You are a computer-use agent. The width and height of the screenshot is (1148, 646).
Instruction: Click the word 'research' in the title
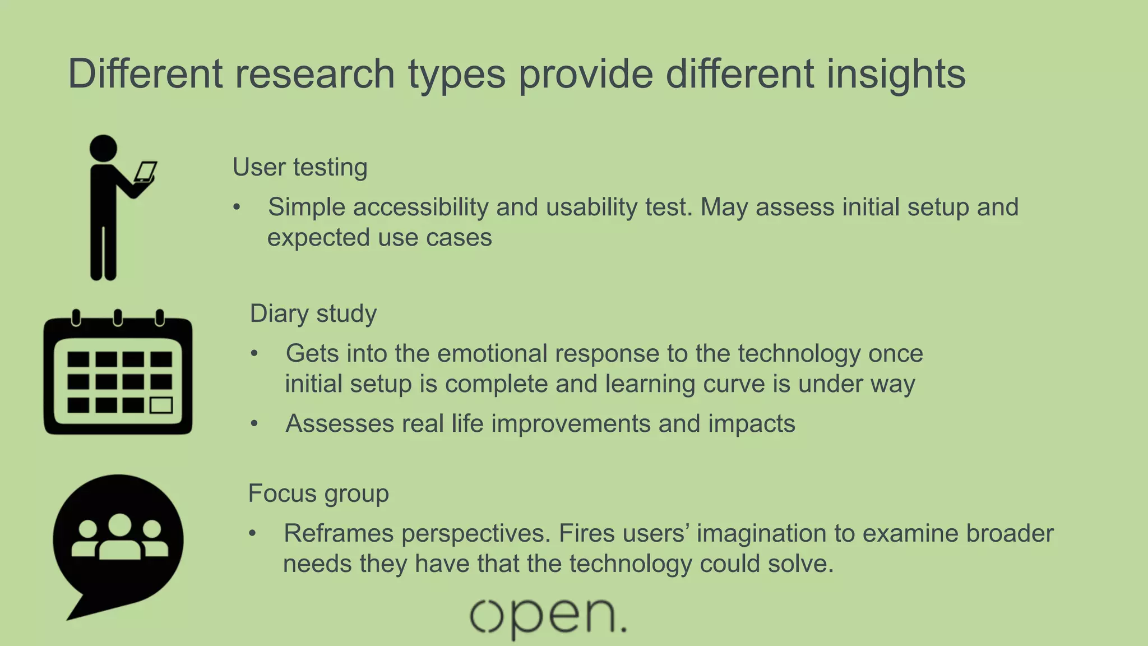(314, 74)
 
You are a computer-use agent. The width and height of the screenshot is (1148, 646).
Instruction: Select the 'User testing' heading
(300, 167)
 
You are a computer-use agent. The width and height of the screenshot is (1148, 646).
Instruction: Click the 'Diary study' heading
(313, 313)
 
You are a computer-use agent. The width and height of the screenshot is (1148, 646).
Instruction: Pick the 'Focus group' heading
(318, 493)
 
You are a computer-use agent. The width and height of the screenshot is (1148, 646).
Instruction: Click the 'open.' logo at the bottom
(548, 617)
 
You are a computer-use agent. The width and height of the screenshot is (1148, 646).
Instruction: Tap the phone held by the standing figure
(146, 171)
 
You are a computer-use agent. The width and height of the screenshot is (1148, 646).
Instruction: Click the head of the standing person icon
(103, 149)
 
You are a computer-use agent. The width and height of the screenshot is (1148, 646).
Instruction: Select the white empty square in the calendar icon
(161, 405)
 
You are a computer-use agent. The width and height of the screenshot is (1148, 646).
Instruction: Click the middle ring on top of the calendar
(118, 317)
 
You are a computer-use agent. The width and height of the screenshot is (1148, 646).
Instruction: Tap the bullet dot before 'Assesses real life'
(254, 424)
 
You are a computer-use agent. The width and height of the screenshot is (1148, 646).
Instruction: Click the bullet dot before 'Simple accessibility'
(237, 207)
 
